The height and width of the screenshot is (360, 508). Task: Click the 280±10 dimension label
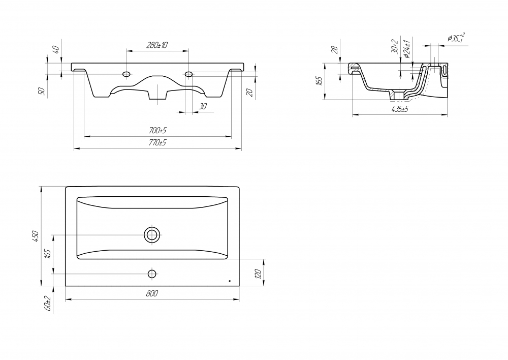[157, 45]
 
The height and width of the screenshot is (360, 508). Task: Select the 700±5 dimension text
[157, 131]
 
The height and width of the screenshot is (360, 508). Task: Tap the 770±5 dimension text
[157, 142]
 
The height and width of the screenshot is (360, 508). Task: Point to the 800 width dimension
[152, 293]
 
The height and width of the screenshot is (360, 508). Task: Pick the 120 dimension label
[258, 274]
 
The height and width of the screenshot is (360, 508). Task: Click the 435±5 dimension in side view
[400, 109]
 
